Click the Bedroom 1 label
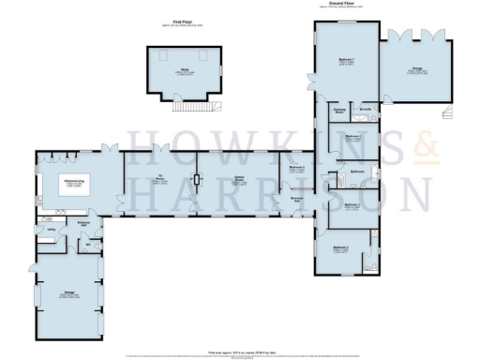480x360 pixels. tap(344, 63)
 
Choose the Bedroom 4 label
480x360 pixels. tap(353, 137)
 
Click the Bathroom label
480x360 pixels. tap(357, 172)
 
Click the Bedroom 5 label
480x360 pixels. tap(297, 168)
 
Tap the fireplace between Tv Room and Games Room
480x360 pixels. tap(198, 180)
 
